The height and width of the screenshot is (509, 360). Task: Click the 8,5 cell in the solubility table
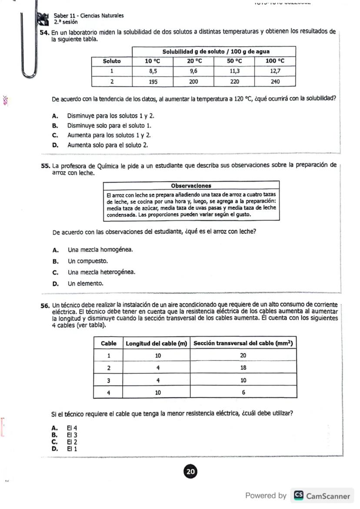(153, 71)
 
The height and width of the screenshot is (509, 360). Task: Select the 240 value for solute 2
(275, 81)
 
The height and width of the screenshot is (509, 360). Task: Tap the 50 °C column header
(234, 61)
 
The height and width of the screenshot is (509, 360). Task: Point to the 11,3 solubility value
(234, 71)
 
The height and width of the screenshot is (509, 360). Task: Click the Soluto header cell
(112, 61)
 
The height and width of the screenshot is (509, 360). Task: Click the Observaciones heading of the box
(191, 186)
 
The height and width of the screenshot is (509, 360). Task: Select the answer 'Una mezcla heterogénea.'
(101, 273)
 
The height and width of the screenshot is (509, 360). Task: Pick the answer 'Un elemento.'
(86, 283)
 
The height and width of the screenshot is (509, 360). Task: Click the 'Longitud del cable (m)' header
(157, 343)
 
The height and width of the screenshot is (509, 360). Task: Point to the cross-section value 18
(243, 368)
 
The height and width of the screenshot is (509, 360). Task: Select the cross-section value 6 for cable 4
(243, 392)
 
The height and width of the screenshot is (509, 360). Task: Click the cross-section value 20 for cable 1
(243, 356)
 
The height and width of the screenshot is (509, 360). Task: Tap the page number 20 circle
(190, 472)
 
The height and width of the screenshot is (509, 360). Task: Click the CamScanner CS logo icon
(298, 496)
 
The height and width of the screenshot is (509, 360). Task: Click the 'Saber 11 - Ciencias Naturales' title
(89, 16)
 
